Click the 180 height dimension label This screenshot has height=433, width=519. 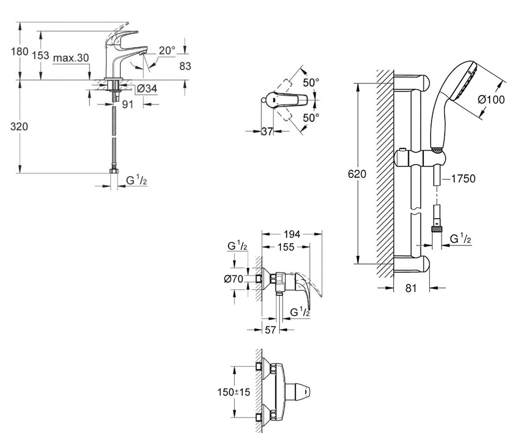(19, 52)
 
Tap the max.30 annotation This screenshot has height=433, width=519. (71, 58)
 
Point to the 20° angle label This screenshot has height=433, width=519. (167, 51)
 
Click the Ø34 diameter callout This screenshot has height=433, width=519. (147, 88)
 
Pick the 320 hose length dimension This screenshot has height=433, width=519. (19, 127)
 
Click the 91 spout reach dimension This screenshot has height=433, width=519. (128, 104)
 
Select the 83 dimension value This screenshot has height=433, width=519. (185, 66)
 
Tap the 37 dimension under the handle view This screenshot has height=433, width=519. (267, 131)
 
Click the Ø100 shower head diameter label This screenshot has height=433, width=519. (491, 100)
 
